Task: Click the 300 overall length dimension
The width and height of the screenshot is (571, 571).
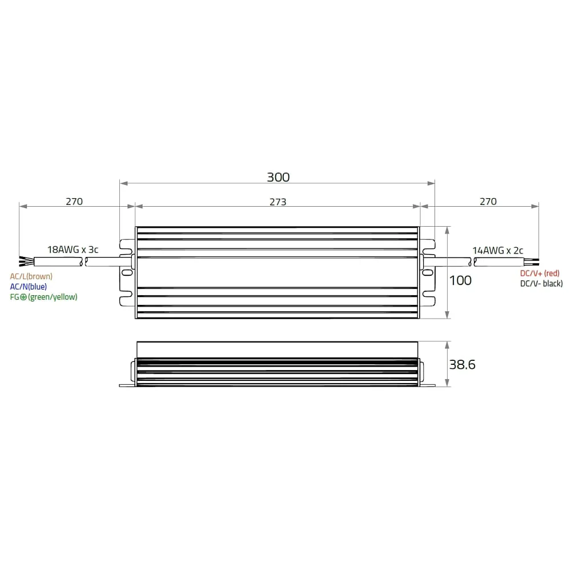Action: tap(278, 178)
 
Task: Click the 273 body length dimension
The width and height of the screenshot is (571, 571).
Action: tap(278, 202)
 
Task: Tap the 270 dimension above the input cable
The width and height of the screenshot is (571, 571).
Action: tap(74, 202)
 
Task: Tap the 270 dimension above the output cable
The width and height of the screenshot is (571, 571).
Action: tap(488, 202)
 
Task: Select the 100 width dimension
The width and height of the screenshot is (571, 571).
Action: tap(460, 280)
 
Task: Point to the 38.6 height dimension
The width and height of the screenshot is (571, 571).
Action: tap(462, 364)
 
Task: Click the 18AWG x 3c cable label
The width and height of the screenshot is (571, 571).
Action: tap(73, 250)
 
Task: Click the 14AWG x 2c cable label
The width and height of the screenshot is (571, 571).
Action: tap(498, 251)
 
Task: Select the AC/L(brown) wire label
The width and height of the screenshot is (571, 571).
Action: tap(31, 276)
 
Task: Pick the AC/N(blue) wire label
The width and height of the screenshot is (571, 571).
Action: tap(29, 287)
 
